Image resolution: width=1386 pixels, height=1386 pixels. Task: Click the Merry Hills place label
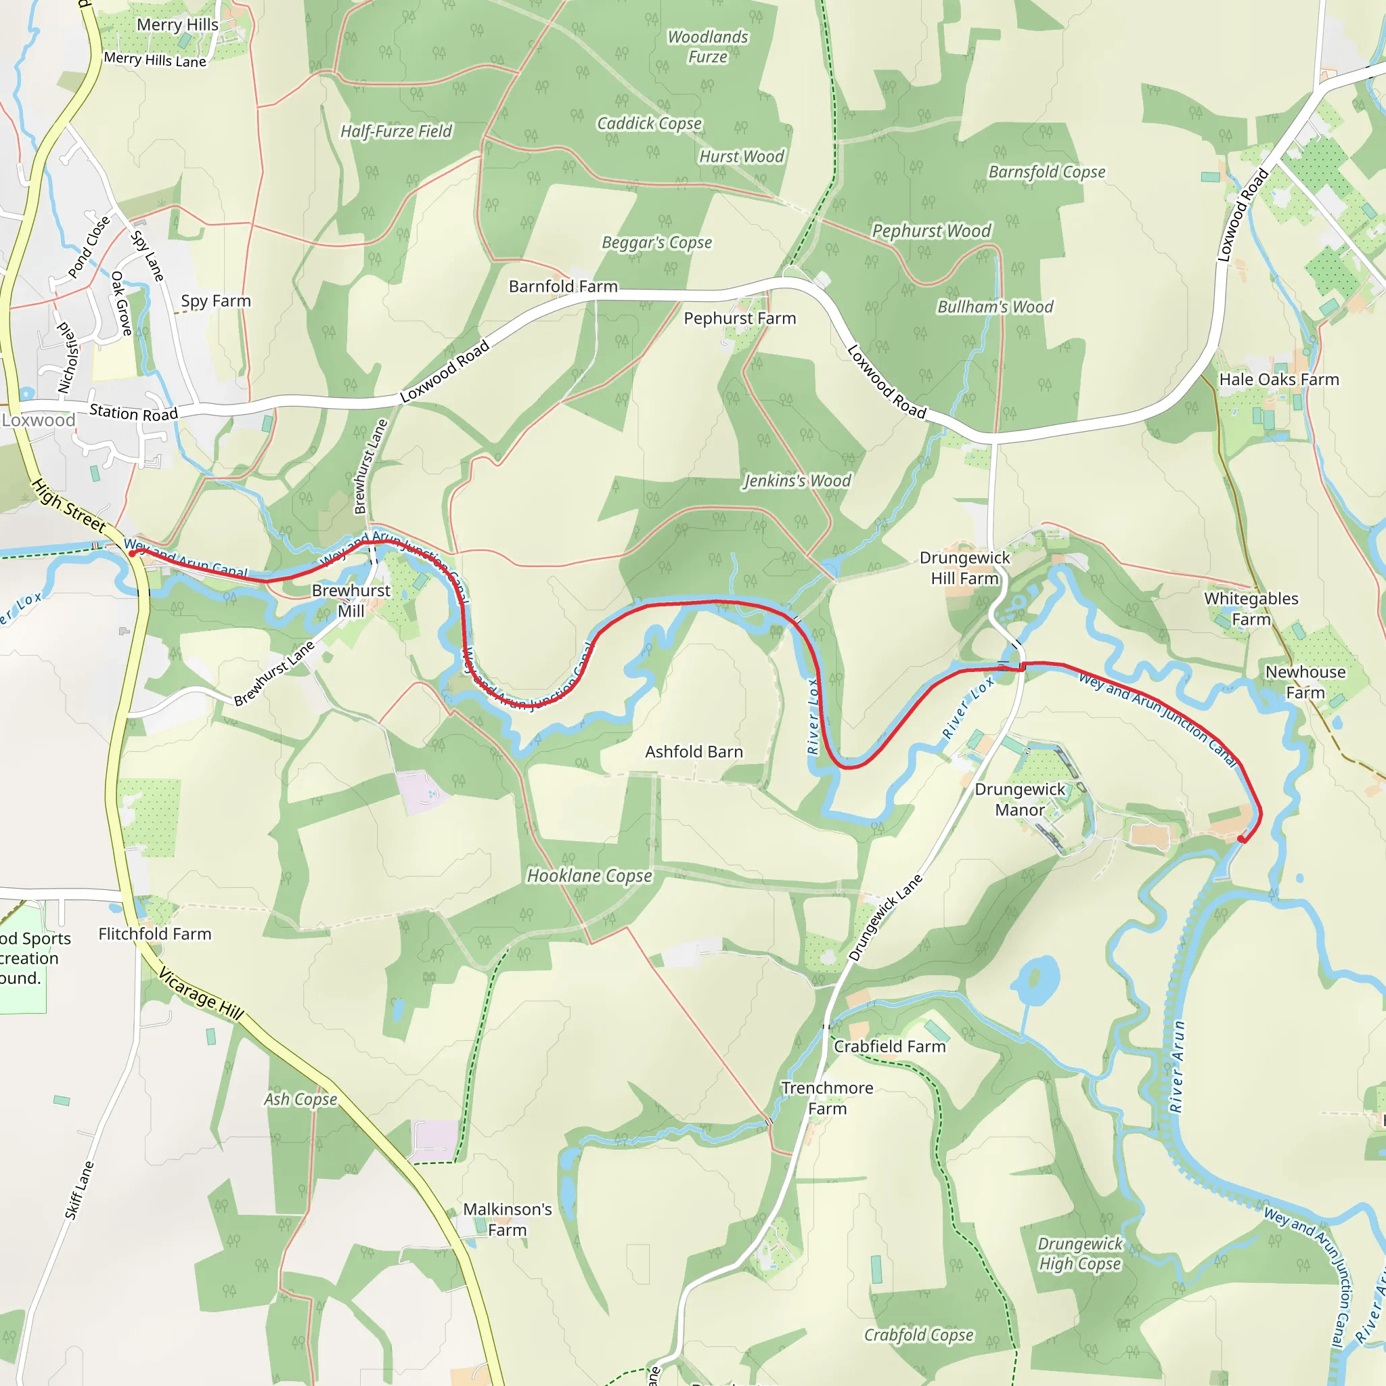177,25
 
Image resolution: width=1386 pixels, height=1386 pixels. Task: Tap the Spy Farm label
216,301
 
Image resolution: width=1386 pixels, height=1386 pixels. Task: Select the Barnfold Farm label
563,287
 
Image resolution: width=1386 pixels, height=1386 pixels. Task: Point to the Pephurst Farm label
740,319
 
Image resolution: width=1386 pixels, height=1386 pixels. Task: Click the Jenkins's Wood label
797,481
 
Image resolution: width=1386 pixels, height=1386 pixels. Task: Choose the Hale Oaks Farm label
1279,380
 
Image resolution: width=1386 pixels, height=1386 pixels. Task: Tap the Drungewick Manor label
1019,799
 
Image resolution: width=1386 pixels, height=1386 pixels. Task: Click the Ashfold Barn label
694,752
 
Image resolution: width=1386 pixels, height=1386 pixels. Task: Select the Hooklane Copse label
589,876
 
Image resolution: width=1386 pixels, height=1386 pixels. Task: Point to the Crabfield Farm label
889,1047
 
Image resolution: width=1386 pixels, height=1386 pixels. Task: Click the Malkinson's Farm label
507,1220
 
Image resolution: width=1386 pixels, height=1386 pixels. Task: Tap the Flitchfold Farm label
155,934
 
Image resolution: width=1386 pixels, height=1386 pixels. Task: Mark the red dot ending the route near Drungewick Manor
1242,839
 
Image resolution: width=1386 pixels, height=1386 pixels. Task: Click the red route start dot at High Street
133,553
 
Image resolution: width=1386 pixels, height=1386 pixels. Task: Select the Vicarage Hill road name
201,993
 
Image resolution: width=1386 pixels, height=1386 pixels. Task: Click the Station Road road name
133,413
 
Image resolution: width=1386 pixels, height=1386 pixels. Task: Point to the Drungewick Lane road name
885,918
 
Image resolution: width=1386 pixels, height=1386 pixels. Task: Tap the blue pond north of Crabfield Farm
1037,979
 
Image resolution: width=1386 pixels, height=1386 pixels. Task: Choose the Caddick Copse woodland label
649,124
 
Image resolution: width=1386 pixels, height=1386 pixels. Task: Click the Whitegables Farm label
1251,608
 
